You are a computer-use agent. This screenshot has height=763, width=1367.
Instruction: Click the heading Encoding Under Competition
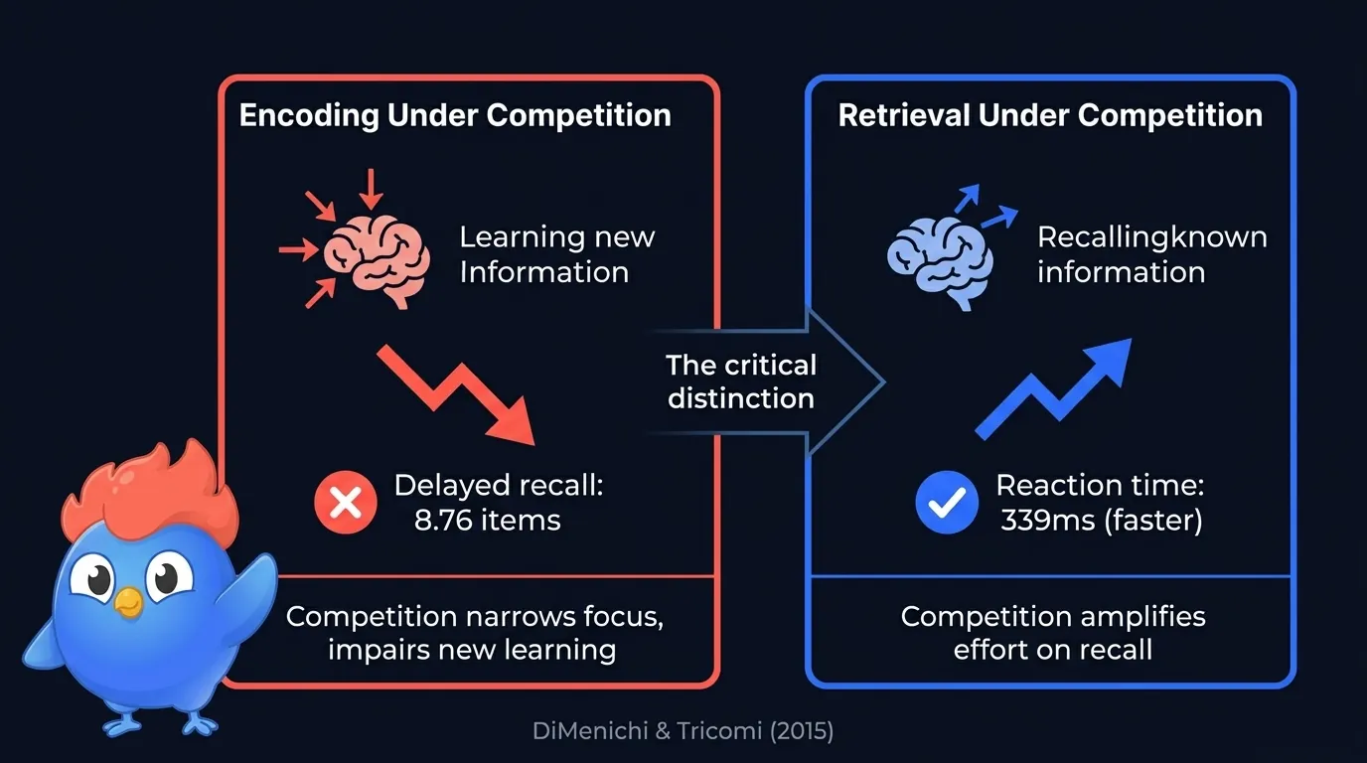[x=455, y=115]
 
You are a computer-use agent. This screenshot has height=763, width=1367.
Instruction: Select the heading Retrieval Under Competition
[x=1050, y=115]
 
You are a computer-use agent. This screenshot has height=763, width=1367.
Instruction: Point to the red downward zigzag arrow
[x=457, y=392]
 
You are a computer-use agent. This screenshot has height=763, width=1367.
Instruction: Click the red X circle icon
[x=345, y=503]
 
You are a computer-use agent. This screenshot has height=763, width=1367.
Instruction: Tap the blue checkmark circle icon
[x=946, y=503]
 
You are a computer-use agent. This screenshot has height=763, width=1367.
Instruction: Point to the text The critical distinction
[x=741, y=381]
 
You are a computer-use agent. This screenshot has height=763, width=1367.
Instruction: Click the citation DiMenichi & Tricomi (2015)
[x=683, y=732]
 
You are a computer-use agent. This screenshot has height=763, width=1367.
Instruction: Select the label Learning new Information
[x=556, y=254]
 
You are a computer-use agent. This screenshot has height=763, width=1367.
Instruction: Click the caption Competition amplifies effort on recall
[x=1052, y=633]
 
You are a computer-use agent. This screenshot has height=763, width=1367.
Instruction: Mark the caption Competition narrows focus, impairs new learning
[x=475, y=633]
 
